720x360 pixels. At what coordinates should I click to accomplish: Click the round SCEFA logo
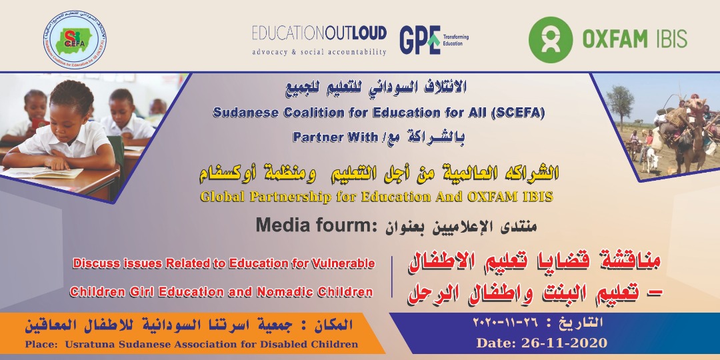(75, 40)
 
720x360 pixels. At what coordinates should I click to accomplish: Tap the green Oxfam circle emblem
(551, 39)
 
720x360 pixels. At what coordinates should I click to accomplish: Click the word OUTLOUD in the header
(355, 33)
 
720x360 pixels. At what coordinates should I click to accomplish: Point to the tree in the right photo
(619, 102)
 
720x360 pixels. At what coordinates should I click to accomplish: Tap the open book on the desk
(43, 173)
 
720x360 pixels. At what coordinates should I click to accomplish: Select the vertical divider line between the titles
(392, 277)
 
